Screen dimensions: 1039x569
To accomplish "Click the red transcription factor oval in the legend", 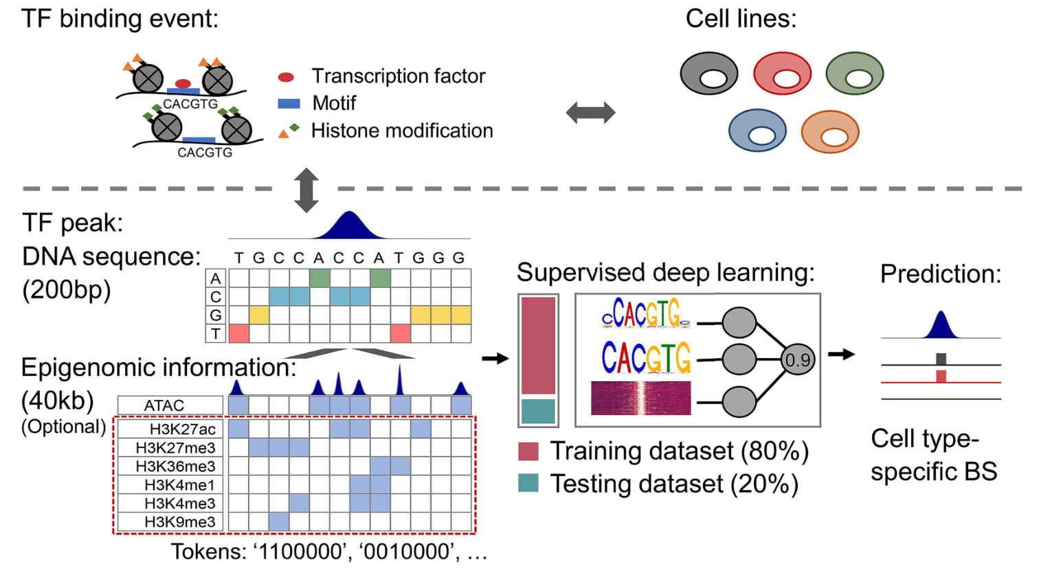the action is (286, 77).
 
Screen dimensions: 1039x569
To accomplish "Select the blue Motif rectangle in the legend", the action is (289, 103).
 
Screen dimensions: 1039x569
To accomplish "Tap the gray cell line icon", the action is (708, 74).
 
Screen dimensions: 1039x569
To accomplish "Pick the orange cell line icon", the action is (830, 132).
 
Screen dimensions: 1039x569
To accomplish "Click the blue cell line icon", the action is (757, 131).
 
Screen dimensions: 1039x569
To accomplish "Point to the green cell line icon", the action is (854, 74).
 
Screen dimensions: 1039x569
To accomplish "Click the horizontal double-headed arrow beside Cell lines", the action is (590, 113).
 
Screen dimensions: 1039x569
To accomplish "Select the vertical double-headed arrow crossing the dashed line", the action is (306, 190).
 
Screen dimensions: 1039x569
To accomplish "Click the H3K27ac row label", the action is (183, 429).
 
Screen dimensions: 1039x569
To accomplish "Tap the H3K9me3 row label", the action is (180, 522).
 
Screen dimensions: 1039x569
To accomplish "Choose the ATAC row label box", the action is (170, 405).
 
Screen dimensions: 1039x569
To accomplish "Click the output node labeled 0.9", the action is (797, 360).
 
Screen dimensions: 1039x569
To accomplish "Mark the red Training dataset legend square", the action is (528, 451).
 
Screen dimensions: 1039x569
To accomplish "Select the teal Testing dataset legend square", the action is (528, 482).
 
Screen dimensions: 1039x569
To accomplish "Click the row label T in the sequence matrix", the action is (216, 334).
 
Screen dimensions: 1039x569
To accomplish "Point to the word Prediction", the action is (941, 274).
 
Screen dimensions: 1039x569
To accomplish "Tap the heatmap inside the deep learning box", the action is (641, 398).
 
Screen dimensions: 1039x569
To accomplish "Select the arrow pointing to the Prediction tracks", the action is (841, 355).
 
